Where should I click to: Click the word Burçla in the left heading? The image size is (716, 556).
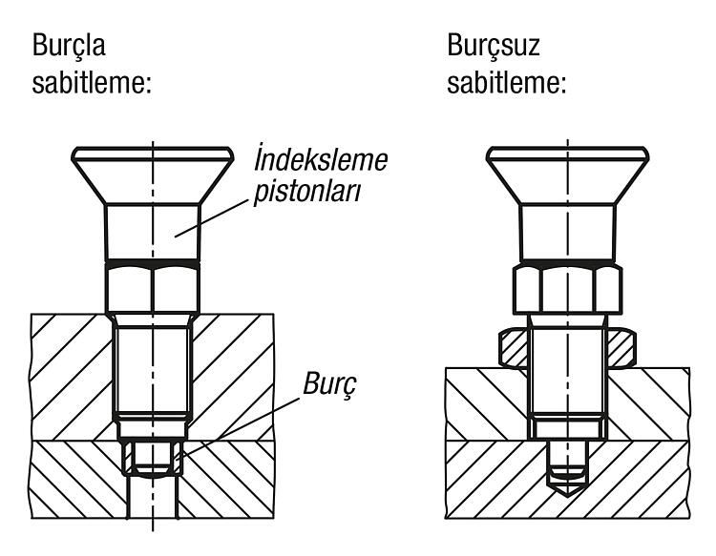(x=69, y=46)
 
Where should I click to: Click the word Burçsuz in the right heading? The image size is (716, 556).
(x=494, y=46)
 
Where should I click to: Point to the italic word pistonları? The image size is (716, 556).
(x=307, y=192)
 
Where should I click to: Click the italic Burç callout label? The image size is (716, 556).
(x=329, y=384)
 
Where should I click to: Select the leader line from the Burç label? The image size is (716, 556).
(x=239, y=427)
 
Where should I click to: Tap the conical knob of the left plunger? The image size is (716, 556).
(x=153, y=175)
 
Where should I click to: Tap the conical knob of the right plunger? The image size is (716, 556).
(x=568, y=175)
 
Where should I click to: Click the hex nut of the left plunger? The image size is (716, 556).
(x=153, y=289)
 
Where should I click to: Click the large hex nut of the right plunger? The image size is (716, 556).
(x=568, y=290)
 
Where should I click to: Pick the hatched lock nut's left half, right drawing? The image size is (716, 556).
(x=514, y=347)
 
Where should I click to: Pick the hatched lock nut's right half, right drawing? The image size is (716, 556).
(x=621, y=347)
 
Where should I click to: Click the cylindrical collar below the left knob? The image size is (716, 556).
(x=153, y=233)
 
